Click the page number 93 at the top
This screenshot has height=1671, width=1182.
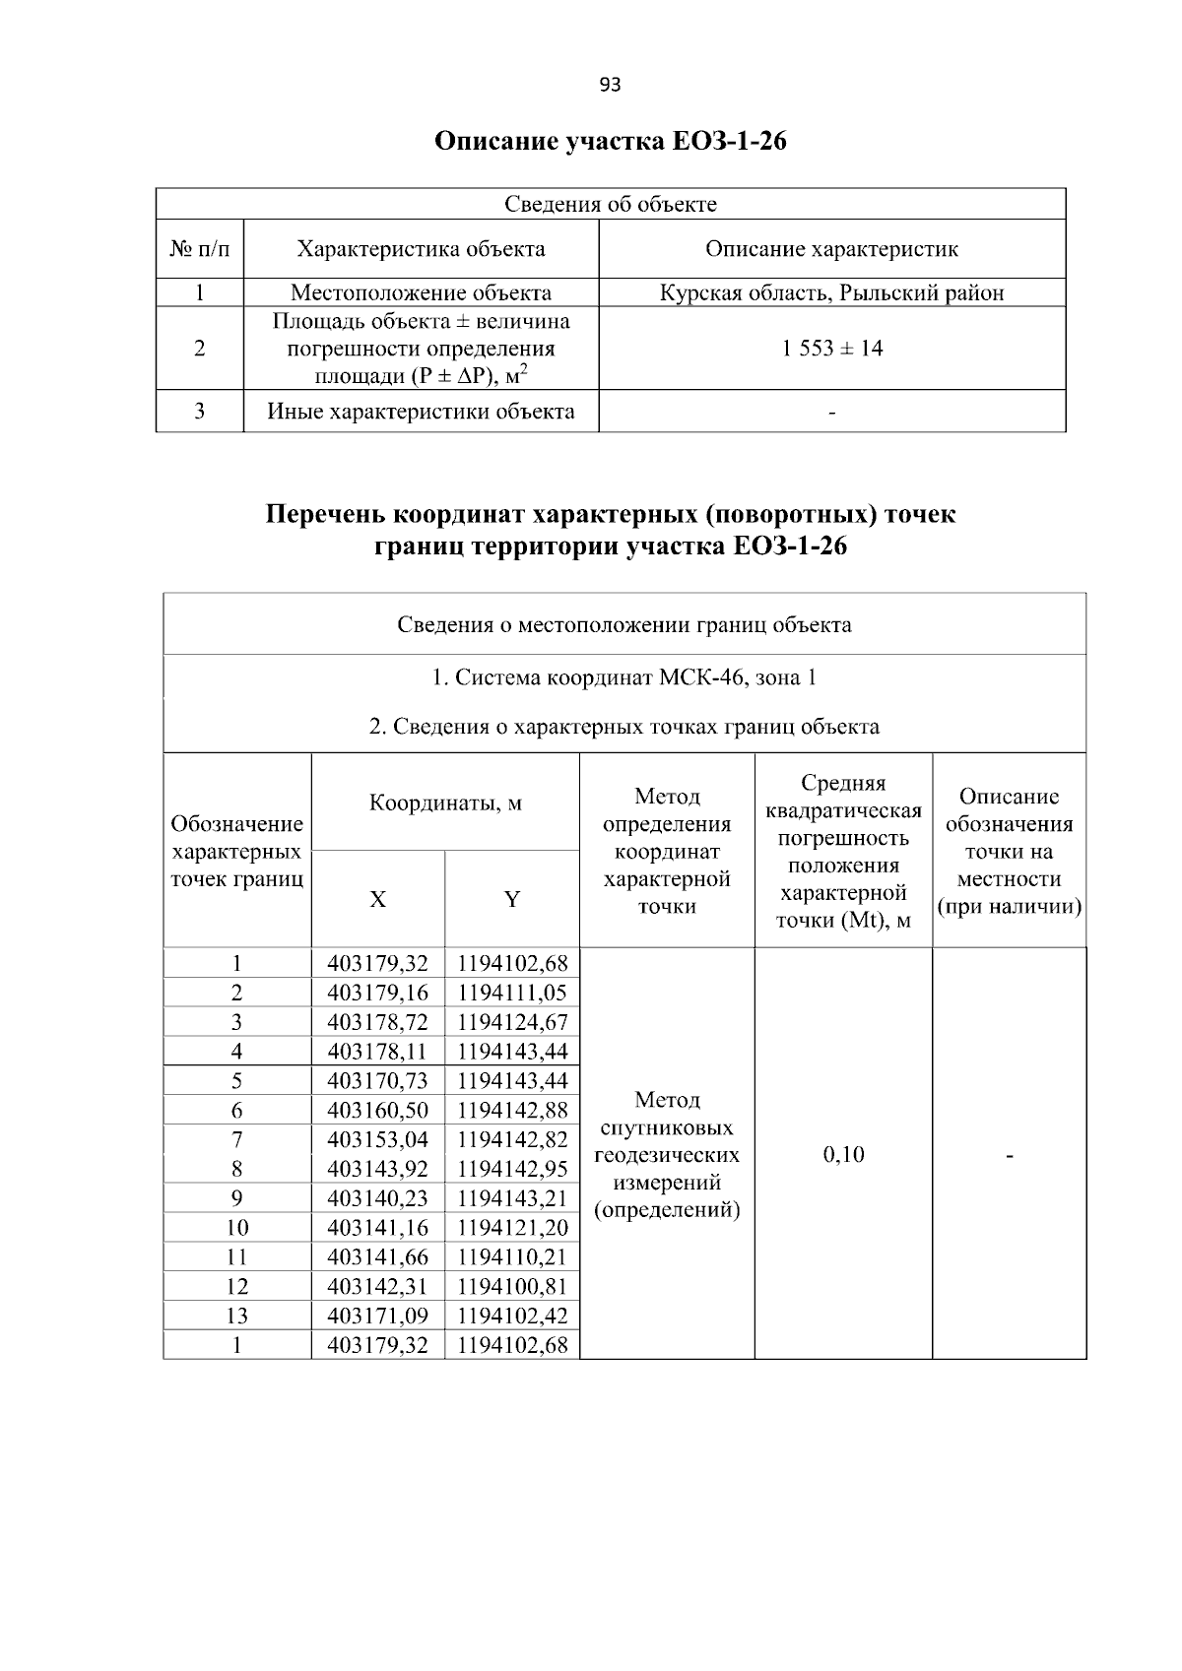[610, 85]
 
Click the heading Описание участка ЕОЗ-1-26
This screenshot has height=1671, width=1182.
[611, 142]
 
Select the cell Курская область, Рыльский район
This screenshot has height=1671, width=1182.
[831, 292]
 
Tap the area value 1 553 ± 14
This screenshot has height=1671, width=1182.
[831, 349]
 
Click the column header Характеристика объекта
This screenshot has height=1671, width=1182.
[421, 249]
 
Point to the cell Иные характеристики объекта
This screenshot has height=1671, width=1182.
[421, 412]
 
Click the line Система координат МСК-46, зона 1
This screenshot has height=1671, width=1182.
[624, 678]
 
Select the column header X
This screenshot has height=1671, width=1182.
[377, 900]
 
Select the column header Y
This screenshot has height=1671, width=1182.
[512, 900]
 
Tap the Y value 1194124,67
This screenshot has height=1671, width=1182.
[512, 1022]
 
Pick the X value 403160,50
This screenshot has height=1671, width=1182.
[377, 1110]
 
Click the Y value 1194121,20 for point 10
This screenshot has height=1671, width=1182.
[512, 1228]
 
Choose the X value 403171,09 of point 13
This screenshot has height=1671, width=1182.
[377, 1316]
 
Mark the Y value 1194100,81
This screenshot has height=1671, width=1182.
[512, 1286]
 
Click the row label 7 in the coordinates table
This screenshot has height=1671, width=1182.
[236, 1139]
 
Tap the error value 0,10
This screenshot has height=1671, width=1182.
[843, 1154]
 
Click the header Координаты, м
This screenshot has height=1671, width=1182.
[445, 803]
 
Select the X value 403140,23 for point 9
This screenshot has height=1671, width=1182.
[377, 1198]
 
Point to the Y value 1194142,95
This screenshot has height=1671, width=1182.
[512, 1169]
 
